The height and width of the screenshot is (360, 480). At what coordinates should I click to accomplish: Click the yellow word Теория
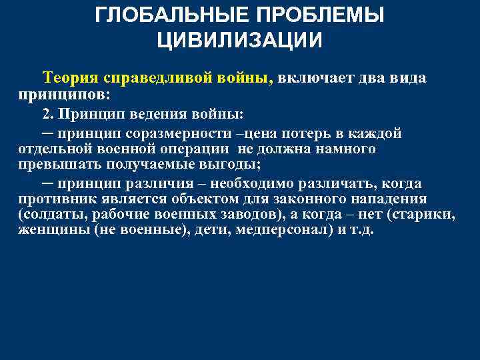coord(71,77)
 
